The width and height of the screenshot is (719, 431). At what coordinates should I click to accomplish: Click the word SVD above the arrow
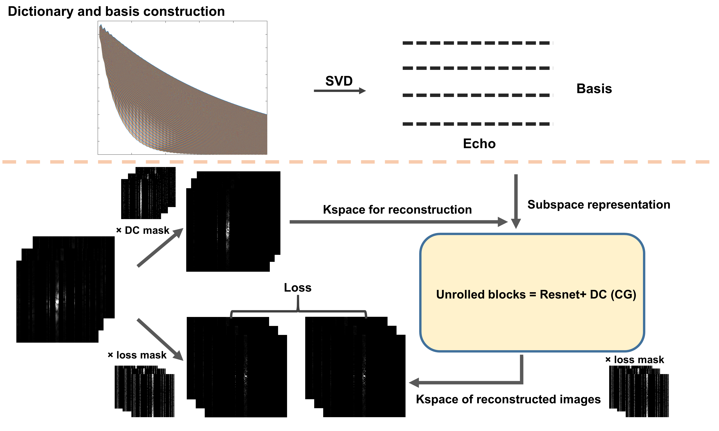coord(339,81)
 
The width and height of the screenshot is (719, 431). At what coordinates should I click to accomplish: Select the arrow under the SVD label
coord(339,91)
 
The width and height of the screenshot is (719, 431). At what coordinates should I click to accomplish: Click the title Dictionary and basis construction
coord(116,12)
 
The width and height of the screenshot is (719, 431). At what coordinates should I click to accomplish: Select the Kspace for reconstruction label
coord(397,210)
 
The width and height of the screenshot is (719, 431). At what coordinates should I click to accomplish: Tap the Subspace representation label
coord(599,205)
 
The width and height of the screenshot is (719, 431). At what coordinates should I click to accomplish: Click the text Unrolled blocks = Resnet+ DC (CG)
coord(536,295)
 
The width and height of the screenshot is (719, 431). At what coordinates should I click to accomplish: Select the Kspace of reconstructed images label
coord(508,399)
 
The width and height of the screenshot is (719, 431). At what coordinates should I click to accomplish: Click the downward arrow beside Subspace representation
coord(516,200)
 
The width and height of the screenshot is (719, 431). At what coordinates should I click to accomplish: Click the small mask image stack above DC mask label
coord(148,193)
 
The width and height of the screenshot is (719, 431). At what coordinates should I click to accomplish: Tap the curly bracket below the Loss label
coord(298,311)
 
